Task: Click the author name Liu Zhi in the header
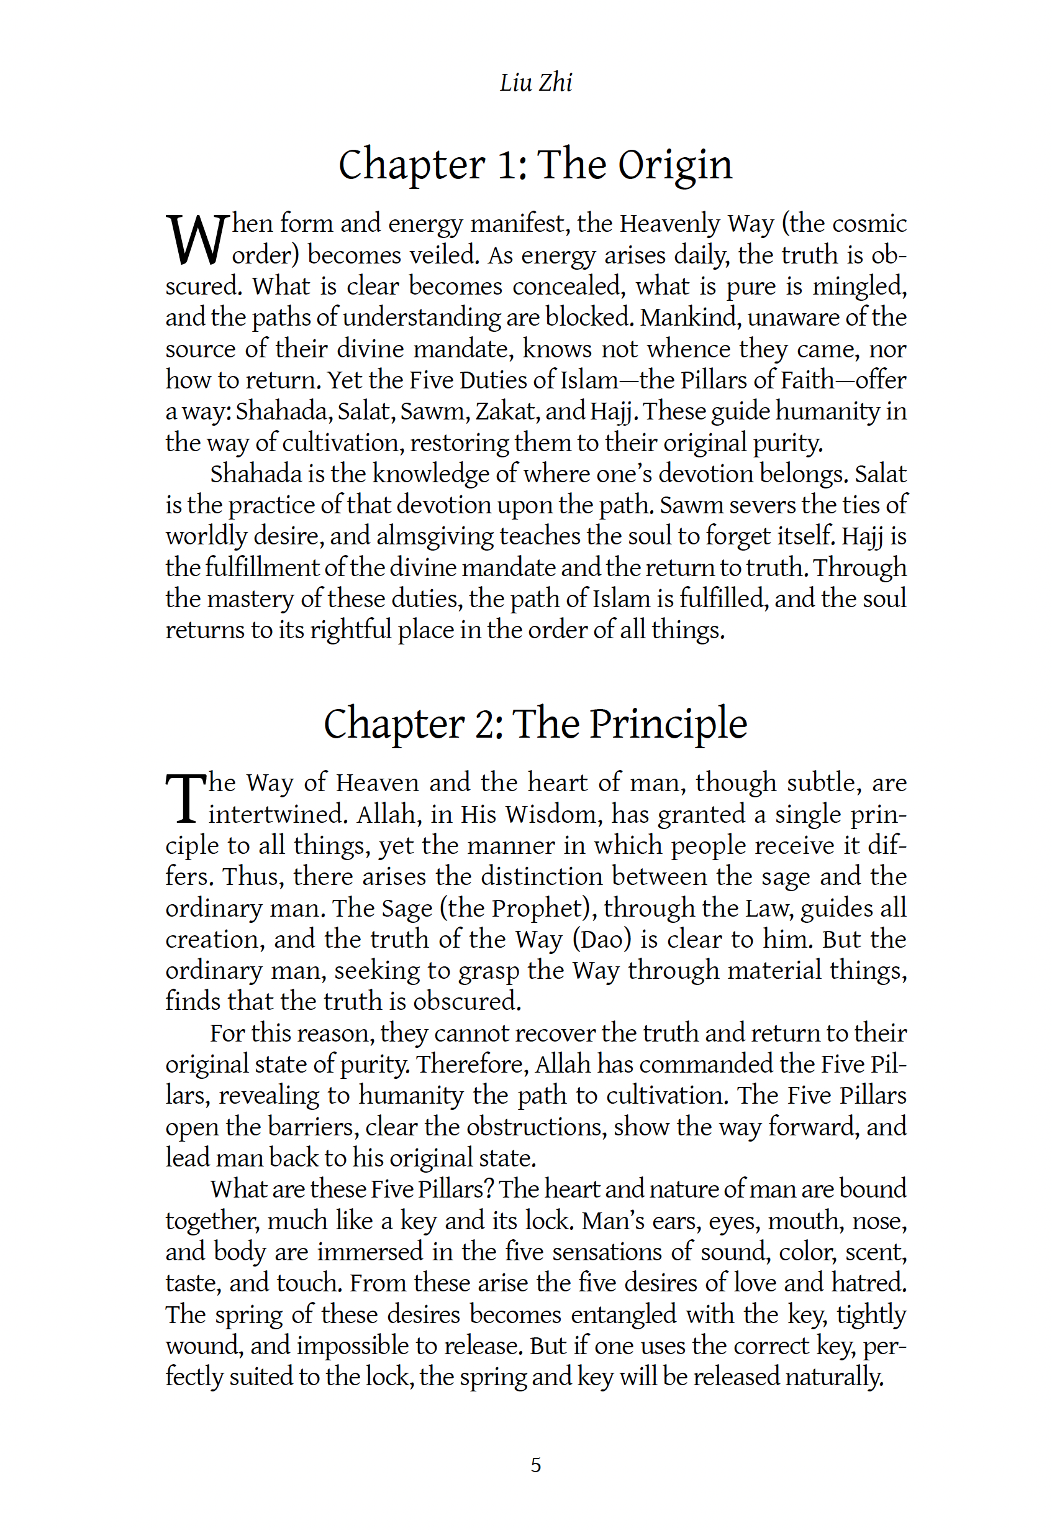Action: point(535,83)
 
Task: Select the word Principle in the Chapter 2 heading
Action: point(668,724)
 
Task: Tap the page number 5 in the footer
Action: point(535,1465)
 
